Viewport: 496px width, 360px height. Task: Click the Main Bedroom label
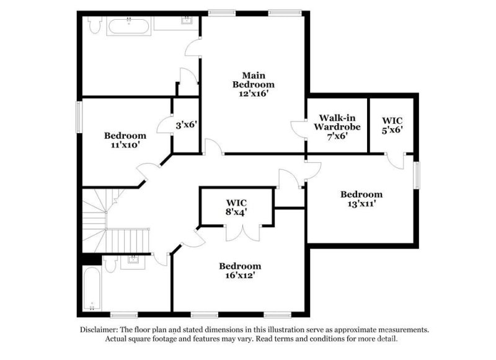pos(253,79)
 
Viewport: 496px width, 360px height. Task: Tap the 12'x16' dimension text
pos(253,94)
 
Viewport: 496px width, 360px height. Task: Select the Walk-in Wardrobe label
pos(336,122)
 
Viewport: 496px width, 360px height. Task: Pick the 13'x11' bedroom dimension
pos(361,203)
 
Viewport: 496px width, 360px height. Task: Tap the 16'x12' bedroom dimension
pos(239,275)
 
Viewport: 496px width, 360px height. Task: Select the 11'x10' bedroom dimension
pos(125,144)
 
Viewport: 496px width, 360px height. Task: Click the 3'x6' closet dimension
pos(185,125)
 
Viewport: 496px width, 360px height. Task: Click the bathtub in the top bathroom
pos(130,26)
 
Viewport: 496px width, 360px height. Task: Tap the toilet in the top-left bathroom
pos(94,25)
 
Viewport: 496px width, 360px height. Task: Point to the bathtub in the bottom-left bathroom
pos(91,288)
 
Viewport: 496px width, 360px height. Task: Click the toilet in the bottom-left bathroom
pos(110,265)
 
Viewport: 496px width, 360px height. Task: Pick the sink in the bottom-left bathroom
pos(133,260)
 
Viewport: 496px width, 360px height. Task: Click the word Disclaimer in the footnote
pos(100,330)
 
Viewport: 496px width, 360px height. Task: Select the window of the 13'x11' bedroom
pos(417,177)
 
